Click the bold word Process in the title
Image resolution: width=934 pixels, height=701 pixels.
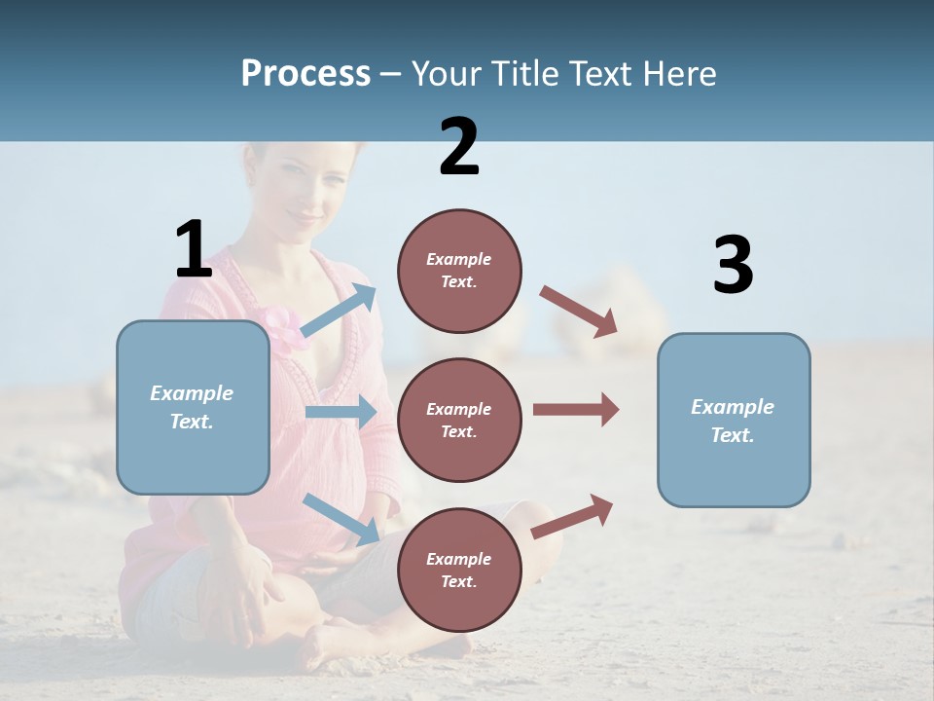click(x=305, y=73)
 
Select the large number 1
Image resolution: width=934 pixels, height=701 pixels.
click(x=193, y=249)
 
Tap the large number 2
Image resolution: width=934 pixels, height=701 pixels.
click(x=459, y=147)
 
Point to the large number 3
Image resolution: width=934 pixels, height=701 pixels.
click(x=733, y=266)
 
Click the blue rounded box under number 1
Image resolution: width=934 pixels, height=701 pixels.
click(x=193, y=407)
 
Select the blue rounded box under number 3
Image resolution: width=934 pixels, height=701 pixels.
click(x=734, y=420)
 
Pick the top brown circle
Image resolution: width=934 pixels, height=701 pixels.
click(x=459, y=271)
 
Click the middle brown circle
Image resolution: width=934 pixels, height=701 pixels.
click(x=459, y=420)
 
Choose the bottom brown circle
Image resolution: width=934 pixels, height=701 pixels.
click(x=459, y=570)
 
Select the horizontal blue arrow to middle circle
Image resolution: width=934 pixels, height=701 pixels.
click(x=341, y=412)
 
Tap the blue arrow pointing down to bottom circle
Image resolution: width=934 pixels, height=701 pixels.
click(x=341, y=518)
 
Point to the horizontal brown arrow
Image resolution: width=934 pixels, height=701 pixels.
click(x=575, y=410)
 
